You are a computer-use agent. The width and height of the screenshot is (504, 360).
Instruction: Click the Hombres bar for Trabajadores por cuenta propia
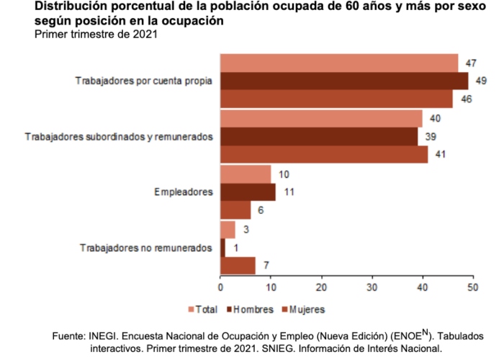[x=344, y=81]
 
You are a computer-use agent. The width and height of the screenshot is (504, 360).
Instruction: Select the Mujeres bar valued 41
[x=324, y=154]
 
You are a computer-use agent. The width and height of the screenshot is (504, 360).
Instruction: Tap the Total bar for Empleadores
[x=246, y=174]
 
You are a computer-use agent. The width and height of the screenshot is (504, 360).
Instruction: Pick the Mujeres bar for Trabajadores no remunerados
[x=238, y=266]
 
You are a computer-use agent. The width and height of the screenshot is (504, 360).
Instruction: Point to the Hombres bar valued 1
[x=222, y=248]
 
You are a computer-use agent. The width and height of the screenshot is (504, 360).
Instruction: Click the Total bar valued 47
[x=339, y=63]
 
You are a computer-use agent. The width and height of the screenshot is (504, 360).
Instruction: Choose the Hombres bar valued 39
[x=319, y=136]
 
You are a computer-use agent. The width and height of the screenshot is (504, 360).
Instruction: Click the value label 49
[x=482, y=81]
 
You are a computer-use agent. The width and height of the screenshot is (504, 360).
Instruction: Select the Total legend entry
[x=204, y=310]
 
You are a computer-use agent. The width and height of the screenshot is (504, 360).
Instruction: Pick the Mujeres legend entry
[x=302, y=310]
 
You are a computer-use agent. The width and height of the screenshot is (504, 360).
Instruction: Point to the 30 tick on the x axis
[x=372, y=288]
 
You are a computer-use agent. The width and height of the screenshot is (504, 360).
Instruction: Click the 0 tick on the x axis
[x=220, y=288]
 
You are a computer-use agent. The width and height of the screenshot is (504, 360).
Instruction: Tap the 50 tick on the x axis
[x=472, y=288]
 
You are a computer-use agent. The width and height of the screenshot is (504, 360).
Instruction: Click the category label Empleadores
[x=184, y=192]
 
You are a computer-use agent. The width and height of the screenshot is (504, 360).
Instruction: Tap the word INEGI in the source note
[x=105, y=336]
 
